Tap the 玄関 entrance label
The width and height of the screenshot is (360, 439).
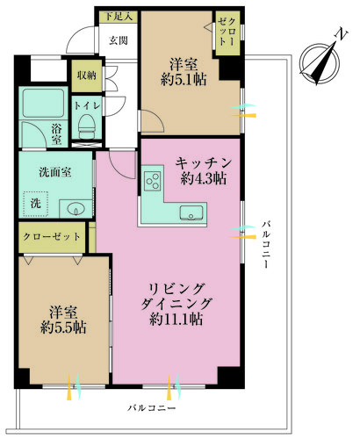tap(118, 40)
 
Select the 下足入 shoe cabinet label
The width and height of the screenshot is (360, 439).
tap(118, 15)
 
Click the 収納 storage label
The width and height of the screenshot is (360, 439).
tap(86, 76)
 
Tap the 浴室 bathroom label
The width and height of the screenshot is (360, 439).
tap(56, 134)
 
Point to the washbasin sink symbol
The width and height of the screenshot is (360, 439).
tap(73, 208)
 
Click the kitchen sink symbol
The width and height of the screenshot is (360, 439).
tap(190, 212)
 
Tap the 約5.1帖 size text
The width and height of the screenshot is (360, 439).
tap(183, 78)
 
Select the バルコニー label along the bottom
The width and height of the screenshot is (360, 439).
tap(151, 408)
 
